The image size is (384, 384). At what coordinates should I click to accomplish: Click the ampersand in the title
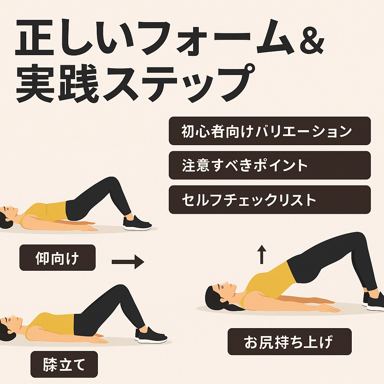coord(310,37)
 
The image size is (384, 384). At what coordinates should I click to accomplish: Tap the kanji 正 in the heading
coord(34,38)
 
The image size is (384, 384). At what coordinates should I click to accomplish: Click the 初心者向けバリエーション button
coord(270,131)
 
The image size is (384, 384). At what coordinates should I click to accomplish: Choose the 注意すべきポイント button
coord(270,165)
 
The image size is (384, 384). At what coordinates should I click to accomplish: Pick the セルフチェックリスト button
coord(270,199)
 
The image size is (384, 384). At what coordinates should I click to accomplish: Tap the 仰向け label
coord(57,258)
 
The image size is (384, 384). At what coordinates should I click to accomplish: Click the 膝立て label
coord(64,364)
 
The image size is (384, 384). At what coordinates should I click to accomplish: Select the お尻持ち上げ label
coord(289,342)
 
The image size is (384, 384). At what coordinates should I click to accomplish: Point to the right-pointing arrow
coord(128,262)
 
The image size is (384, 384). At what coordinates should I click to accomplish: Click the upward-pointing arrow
coord(261,254)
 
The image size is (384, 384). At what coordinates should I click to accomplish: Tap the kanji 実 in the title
coord(35,84)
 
